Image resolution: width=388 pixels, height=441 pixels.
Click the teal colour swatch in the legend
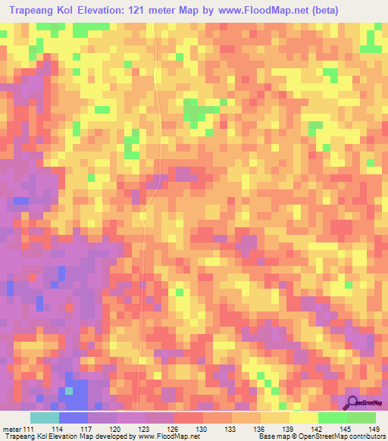[x=44, y=418]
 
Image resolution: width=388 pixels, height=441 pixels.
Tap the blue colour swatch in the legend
[x=73, y=418]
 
